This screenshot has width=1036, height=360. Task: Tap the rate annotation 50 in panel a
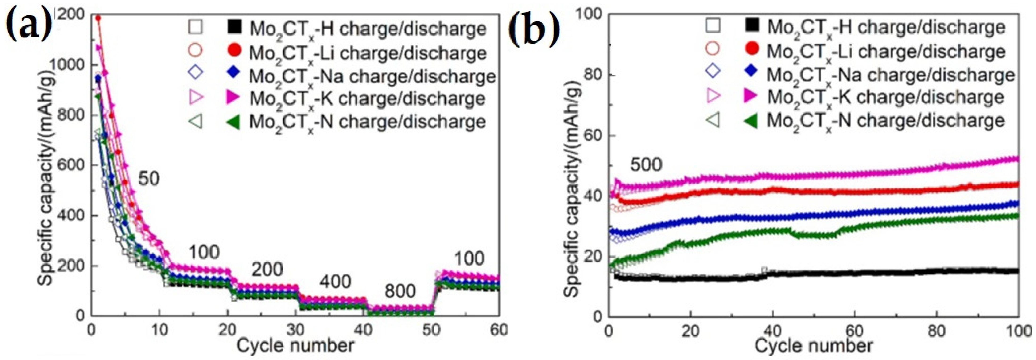coord(149,179)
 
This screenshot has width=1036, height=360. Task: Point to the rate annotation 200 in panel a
coord(267,269)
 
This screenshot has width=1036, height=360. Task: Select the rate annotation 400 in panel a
coord(336,281)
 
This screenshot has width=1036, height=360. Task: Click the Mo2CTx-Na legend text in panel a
coord(372,76)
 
